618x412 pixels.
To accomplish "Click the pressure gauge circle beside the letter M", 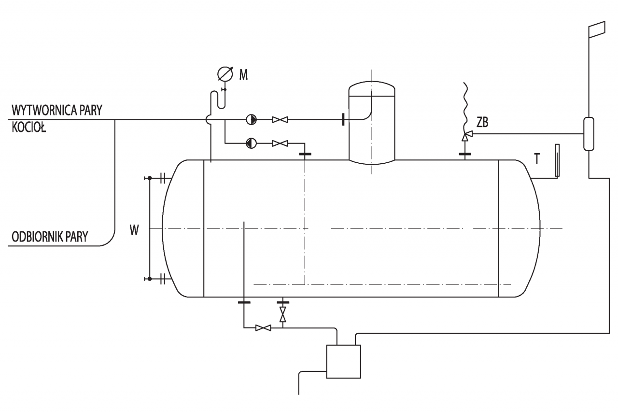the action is (225, 74).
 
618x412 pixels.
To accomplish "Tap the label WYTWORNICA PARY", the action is (57, 110).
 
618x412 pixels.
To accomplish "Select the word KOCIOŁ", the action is (28, 128).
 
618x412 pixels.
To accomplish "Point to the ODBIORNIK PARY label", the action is (50, 237).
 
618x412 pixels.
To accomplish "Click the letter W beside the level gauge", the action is (134, 230).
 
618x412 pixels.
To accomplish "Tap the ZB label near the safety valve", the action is (482, 122).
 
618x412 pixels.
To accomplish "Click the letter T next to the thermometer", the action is (537, 159).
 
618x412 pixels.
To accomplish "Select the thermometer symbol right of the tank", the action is (557, 160).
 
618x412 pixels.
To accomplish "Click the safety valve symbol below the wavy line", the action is (466, 136).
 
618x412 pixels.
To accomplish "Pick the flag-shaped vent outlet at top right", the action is (597, 29).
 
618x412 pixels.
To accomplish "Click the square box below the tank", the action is (343, 361).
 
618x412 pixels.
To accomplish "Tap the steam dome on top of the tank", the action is (372, 123).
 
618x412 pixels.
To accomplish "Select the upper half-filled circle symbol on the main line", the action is (251, 120).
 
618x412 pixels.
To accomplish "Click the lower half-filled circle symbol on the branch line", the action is (251, 143).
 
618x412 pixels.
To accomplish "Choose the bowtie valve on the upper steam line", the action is (280, 120).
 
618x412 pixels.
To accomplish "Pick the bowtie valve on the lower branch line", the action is (280, 143).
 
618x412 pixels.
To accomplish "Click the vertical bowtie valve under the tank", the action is (283, 314).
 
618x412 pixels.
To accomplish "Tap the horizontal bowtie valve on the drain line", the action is (263, 328).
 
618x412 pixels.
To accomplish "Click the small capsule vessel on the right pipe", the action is (589, 134).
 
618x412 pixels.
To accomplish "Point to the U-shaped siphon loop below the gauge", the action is (218, 100).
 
